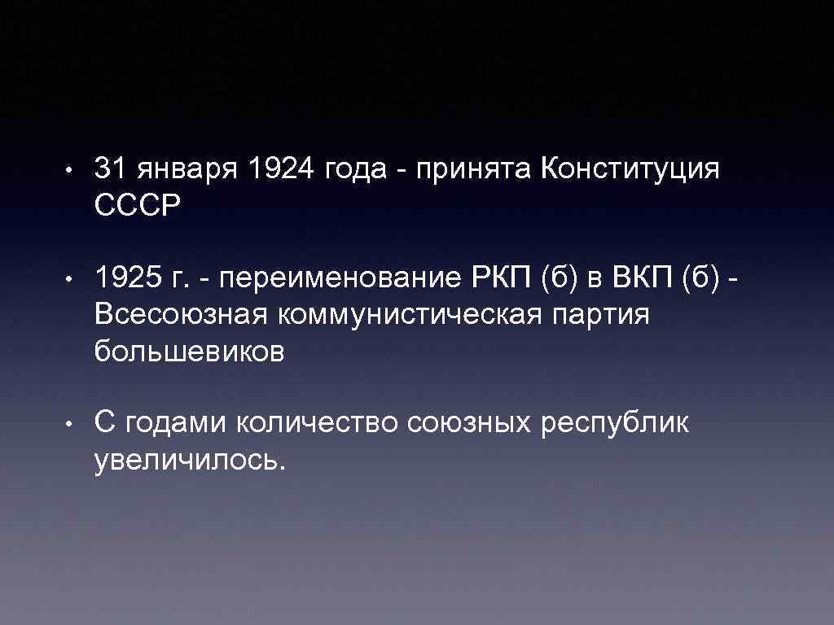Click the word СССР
pos(135,206)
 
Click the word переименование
pos(340,281)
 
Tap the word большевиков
pos(190,351)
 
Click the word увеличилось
pos(190,461)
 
